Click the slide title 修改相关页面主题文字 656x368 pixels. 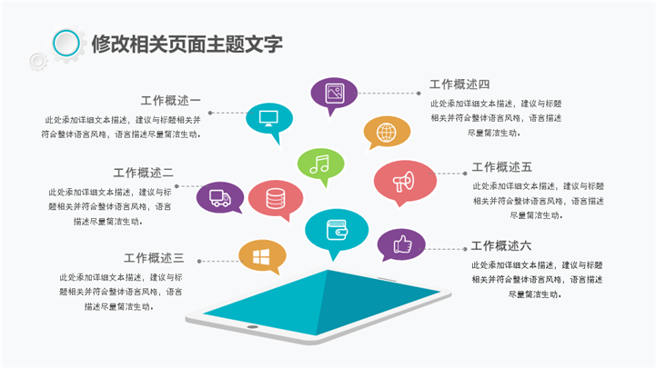point(187,44)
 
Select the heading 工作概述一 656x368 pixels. point(171,101)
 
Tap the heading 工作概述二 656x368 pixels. point(143,173)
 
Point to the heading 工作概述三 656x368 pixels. point(154,258)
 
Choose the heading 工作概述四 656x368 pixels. point(459,85)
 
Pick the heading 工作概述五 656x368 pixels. point(502,167)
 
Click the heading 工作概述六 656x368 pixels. point(501,245)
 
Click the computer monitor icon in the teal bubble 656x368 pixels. point(268,118)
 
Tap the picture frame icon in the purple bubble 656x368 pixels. point(335,93)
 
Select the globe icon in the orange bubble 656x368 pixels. point(386,133)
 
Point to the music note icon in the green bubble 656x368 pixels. point(319,164)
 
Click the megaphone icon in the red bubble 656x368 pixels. point(404,181)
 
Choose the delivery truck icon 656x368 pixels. point(220,198)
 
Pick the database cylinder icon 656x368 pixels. point(276,198)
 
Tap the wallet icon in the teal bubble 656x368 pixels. point(337,230)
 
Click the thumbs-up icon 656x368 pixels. point(402,244)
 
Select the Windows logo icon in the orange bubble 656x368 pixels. point(261,257)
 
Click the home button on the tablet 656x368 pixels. point(252,326)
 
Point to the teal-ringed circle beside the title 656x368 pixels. point(66,43)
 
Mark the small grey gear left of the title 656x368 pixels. point(38,62)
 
